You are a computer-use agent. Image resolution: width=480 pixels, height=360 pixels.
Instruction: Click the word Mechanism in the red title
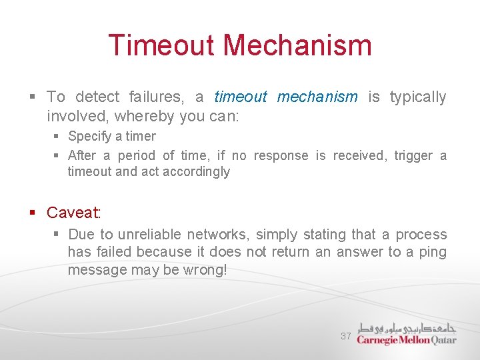click(x=297, y=45)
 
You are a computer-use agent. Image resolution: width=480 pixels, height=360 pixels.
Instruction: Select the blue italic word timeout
click(x=240, y=97)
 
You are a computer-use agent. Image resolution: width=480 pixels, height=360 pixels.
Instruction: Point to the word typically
click(x=417, y=97)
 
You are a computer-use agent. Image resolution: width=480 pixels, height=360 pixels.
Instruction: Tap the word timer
click(x=141, y=137)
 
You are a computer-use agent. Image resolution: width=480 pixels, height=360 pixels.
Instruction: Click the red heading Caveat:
click(x=73, y=213)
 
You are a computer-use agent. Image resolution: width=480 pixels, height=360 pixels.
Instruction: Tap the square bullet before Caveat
click(x=32, y=213)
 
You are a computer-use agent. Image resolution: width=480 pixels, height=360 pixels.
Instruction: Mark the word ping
click(x=433, y=252)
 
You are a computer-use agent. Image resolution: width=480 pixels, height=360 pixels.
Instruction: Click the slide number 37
click(x=345, y=336)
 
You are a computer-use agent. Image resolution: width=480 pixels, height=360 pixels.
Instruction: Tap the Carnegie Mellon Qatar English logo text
click(x=406, y=340)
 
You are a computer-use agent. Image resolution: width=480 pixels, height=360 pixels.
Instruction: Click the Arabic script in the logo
click(x=406, y=327)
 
